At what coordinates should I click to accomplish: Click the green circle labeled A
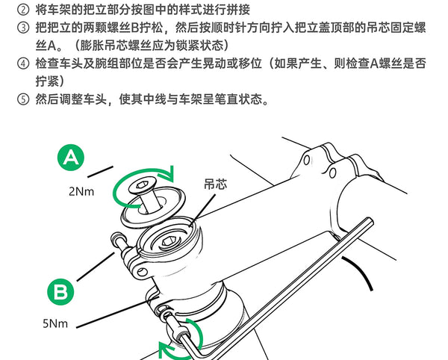coord(71,158)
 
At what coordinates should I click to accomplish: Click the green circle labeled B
coord(60,292)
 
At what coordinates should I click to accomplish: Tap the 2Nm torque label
coord(81,191)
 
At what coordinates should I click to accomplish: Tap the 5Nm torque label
coord(55,323)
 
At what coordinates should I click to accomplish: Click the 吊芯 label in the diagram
coord(216,184)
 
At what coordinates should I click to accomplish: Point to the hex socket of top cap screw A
coord(142,186)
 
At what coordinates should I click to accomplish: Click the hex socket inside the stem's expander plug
coord(168,242)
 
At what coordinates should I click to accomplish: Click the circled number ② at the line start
coord(23,10)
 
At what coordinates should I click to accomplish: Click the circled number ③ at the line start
coord(23,28)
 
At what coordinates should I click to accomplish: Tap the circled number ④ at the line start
coord(23,63)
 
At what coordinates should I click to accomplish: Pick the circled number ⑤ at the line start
coord(23,99)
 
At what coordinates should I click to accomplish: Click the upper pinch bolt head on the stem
coord(117,237)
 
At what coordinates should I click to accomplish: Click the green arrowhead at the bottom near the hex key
coord(165,348)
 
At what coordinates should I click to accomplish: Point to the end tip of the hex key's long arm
coord(370,222)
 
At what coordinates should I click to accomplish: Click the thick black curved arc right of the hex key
coord(361,271)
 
